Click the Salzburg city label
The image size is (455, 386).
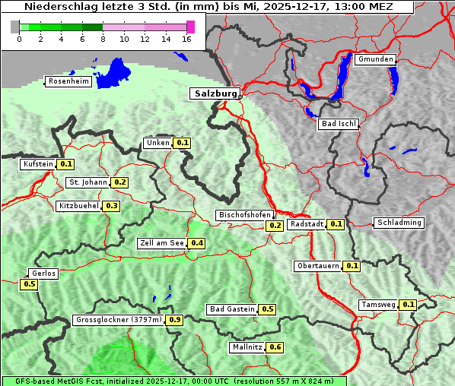pos(214,93)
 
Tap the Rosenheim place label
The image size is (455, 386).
pos(68,81)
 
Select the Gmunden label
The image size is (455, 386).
pos(375,59)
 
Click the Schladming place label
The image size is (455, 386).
pos(399,223)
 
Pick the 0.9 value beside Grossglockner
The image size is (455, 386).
pos(175,320)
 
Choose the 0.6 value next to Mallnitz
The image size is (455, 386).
pos(275,347)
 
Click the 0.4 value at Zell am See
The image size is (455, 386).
pos(197,243)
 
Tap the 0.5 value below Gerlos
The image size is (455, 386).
pos(30,284)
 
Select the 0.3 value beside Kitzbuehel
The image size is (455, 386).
pos(112,206)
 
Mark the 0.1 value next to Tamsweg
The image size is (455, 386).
pos(409,305)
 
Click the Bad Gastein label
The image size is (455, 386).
pos(232,309)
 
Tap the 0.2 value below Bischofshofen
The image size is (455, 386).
pos(275,225)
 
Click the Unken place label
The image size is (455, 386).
pos(157,143)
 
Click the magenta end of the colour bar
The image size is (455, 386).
pos(190,27)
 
